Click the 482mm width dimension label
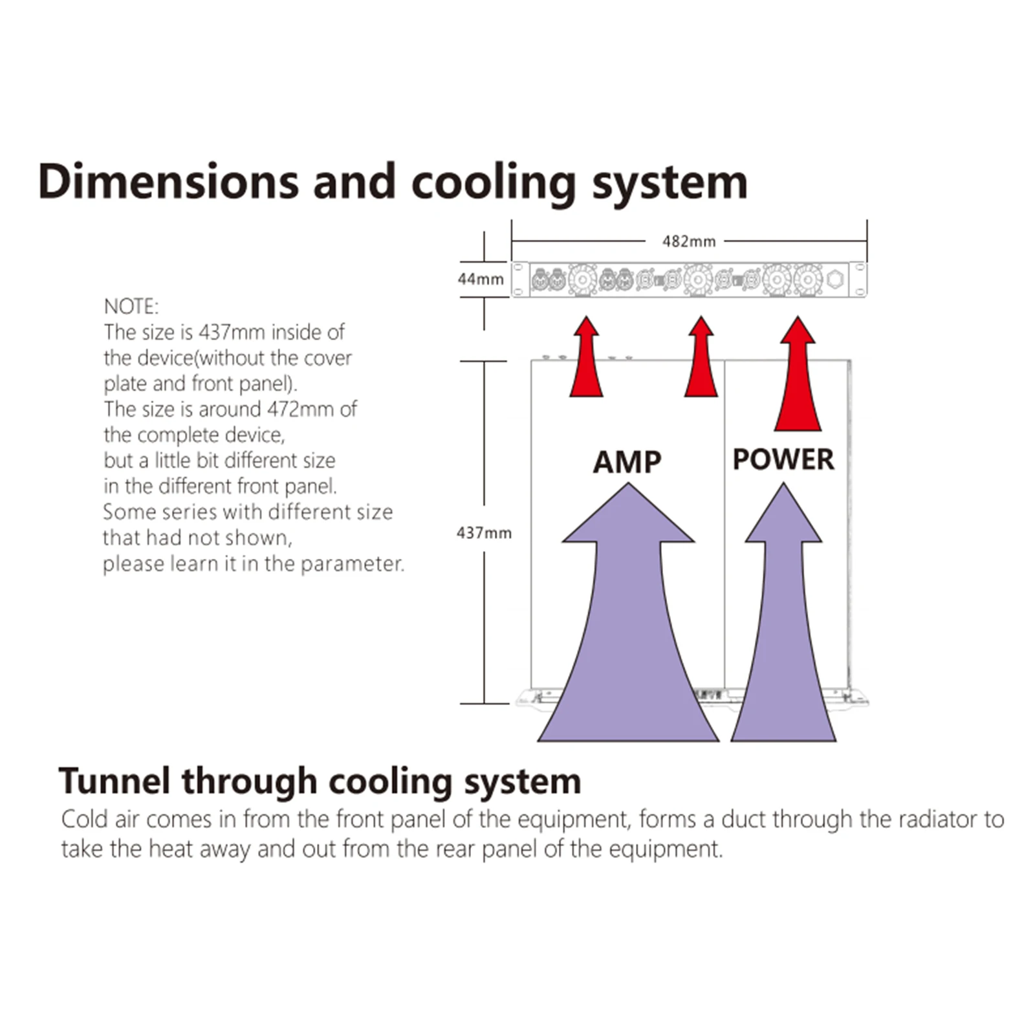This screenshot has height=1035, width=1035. [689, 241]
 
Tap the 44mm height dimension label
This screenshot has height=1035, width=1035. [481, 279]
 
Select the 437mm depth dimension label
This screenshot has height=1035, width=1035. [484, 533]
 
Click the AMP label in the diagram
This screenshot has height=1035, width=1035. [627, 462]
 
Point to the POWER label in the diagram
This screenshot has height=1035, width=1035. [783, 459]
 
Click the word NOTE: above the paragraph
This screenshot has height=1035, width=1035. [131, 306]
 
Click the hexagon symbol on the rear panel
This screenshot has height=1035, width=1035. [835, 280]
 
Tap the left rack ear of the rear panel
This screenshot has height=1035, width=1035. [520, 279]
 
